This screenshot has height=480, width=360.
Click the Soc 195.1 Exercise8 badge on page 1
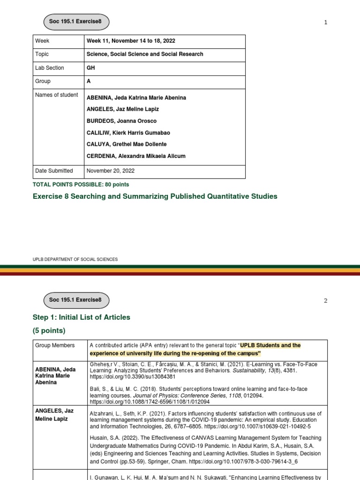click(76, 22)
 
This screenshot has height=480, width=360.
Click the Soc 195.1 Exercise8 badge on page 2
click(76, 300)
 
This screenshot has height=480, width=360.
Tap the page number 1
click(325, 22)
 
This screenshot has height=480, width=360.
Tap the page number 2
click(325, 300)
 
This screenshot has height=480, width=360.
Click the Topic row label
click(42, 54)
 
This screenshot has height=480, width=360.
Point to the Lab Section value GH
click(90, 68)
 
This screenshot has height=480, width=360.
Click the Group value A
click(89, 82)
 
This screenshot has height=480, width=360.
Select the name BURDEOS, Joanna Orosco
click(121, 121)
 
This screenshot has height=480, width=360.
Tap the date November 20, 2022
click(111, 171)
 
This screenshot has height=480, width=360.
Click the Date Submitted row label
click(54, 171)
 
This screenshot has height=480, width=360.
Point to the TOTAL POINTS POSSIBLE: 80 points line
click(81, 185)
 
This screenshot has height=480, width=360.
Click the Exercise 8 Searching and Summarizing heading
click(155, 196)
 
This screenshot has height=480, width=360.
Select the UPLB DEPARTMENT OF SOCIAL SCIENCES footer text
click(75, 259)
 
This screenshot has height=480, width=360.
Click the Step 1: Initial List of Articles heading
click(81, 317)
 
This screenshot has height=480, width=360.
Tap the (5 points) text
click(49, 330)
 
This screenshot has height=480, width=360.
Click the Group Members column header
click(55, 345)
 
